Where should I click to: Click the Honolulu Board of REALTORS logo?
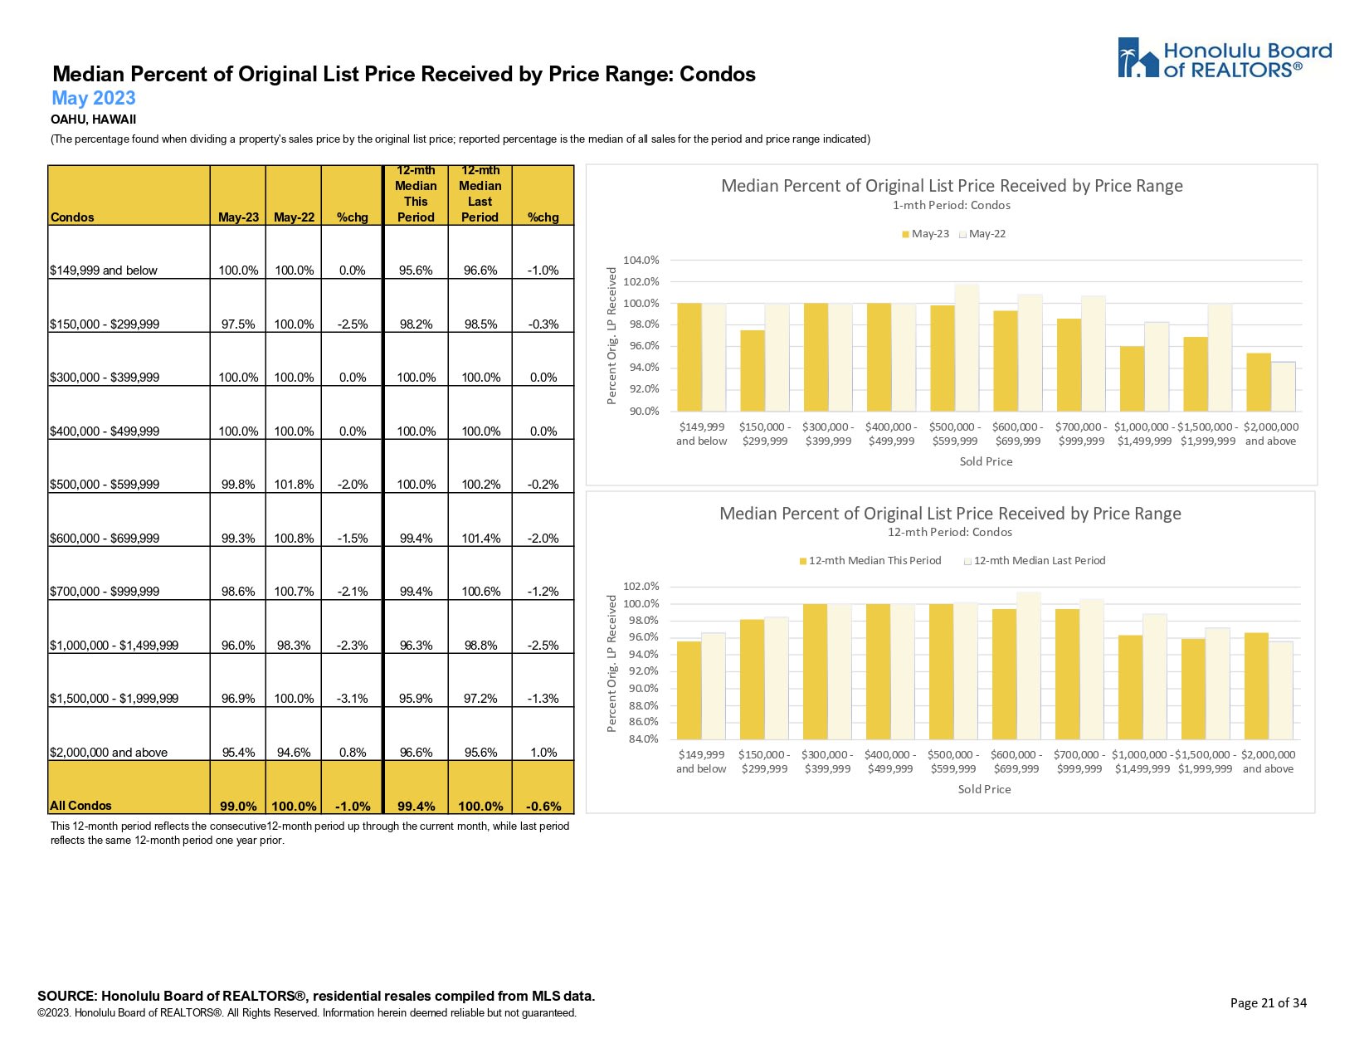click(x=1224, y=59)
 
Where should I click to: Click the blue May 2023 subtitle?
click(x=93, y=98)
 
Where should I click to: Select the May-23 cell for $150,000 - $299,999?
click(x=238, y=324)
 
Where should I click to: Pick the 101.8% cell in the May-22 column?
click(x=294, y=485)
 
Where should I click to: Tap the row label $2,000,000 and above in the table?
click(x=109, y=753)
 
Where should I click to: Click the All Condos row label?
click(x=80, y=806)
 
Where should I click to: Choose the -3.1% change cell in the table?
click(x=353, y=699)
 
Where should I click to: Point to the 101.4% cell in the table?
click(x=480, y=539)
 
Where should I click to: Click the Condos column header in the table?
click(x=72, y=217)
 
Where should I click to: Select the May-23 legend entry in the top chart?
click(x=925, y=234)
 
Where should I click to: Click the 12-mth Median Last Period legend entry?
click(x=1035, y=561)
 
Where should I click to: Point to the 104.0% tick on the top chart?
click(x=641, y=261)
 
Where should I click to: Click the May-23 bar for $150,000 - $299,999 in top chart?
click(x=753, y=370)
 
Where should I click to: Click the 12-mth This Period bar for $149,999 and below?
click(x=689, y=690)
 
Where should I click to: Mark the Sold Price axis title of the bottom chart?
click(x=984, y=789)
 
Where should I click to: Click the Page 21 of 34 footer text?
click(x=1268, y=1003)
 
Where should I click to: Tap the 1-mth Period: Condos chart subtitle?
click(x=951, y=205)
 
